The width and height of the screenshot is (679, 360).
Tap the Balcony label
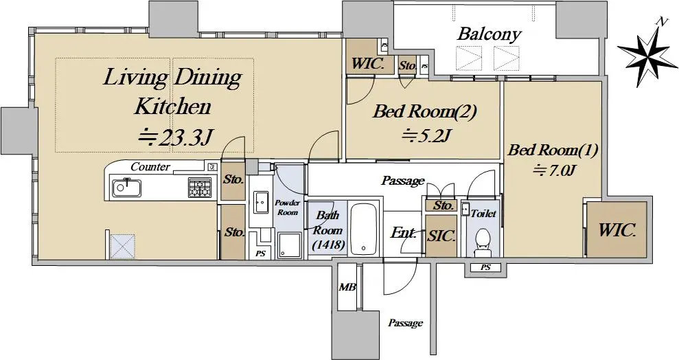pyautogui.click(x=489, y=34)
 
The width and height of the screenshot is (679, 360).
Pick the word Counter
pyautogui.click(x=150, y=167)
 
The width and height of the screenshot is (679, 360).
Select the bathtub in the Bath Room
pyautogui.click(x=365, y=229)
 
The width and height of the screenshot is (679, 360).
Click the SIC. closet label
pyautogui.click(x=441, y=236)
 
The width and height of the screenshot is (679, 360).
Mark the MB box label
pyautogui.click(x=347, y=287)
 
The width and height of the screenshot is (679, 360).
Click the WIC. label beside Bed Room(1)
pyautogui.click(x=617, y=230)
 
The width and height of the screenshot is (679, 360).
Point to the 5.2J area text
pyautogui.click(x=426, y=135)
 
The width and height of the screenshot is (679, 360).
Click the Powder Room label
pyautogui.click(x=287, y=208)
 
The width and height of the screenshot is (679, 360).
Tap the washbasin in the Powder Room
pyautogui.click(x=261, y=202)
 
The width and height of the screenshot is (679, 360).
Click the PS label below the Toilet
pyautogui.click(x=485, y=267)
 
